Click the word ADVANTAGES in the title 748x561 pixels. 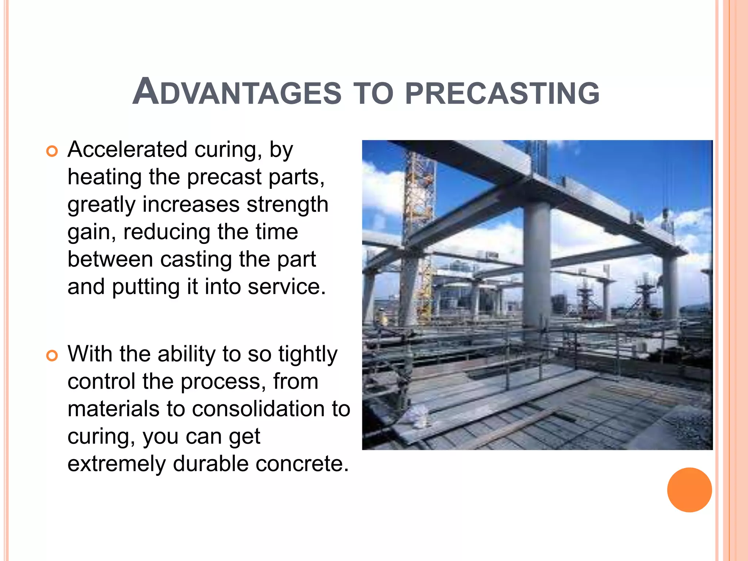coord(237,92)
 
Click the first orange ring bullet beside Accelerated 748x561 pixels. coord(52,151)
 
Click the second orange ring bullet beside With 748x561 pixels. coord(52,355)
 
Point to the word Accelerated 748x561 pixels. coord(127,149)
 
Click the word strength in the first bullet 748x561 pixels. coord(287,205)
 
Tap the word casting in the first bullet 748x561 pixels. coord(196,260)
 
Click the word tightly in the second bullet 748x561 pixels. coord(308,355)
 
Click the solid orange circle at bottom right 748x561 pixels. coord(689,490)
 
